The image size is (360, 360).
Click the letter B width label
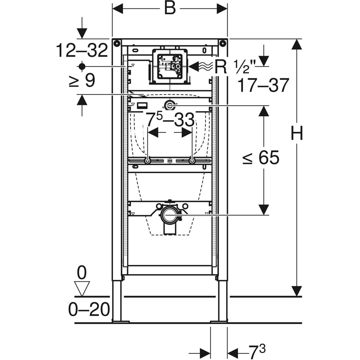point(170,8)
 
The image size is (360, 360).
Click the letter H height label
point(297,134)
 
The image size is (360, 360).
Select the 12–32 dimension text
point(82,50)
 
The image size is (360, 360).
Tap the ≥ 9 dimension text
point(82,80)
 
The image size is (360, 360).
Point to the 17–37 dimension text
point(264,85)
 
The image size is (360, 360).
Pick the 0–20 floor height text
point(89,309)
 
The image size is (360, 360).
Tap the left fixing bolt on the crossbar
point(148,161)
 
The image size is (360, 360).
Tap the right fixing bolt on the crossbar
point(192,161)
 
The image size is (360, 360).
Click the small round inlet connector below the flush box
point(169,105)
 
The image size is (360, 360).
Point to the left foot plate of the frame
point(120,321)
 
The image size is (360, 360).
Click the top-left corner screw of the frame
point(117,44)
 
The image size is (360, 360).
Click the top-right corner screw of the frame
point(223,44)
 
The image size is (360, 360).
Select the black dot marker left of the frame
point(82,66)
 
